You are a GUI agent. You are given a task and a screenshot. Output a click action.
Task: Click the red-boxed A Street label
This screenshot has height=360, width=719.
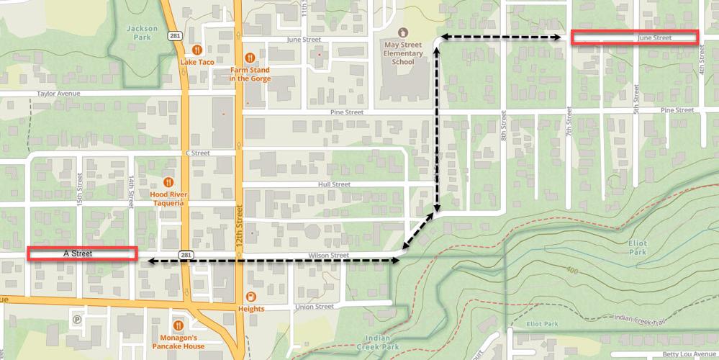pyautogui.click(x=82, y=253)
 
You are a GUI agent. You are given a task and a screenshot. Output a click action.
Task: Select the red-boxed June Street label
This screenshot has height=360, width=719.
pyautogui.click(x=634, y=37)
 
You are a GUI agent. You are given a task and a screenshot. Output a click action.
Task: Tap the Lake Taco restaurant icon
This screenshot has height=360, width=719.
pyautogui.click(x=196, y=50)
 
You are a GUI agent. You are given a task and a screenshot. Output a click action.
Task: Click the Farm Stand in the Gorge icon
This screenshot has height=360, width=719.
pyautogui.click(x=250, y=58)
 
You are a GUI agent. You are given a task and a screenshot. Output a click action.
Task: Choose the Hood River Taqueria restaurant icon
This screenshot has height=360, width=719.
pyautogui.click(x=168, y=182)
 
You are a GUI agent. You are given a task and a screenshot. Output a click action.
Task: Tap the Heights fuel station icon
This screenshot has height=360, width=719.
pyautogui.click(x=250, y=297)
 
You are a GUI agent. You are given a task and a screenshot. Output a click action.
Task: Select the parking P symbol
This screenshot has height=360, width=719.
pyautogui.click(x=77, y=319)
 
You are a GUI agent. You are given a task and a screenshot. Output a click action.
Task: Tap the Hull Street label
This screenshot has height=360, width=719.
pyautogui.click(x=333, y=184)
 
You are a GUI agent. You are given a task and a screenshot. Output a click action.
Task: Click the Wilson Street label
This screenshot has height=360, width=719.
pyautogui.click(x=328, y=256)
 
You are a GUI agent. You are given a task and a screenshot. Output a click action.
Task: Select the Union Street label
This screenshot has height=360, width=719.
pyautogui.click(x=315, y=307)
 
